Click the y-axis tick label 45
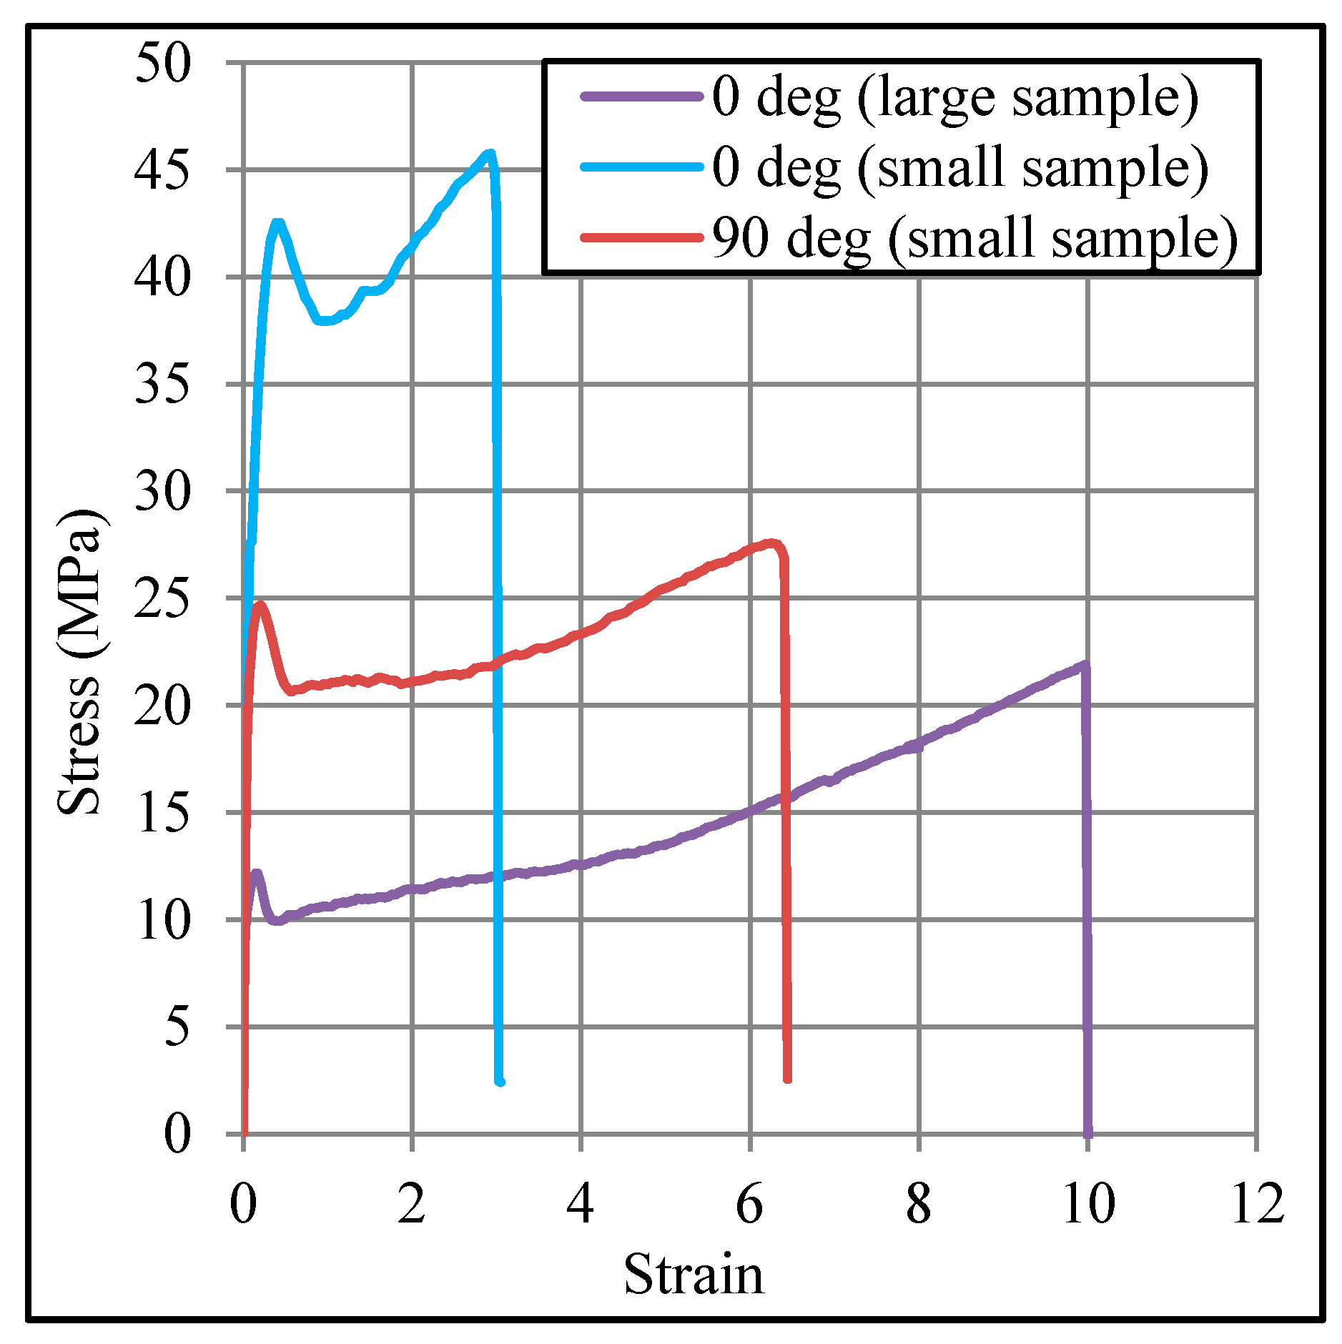pos(162,171)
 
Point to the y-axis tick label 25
pos(162,599)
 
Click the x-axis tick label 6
pos(749,1204)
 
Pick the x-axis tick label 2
pos(412,1204)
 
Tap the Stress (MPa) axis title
pos(80,663)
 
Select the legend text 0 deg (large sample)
pos(954,97)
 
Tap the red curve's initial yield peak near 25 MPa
pos(260,605)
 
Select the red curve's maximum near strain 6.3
pos(771,543)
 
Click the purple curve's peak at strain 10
pos(1085,666)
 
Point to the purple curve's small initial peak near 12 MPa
pos(256,874)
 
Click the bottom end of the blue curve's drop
pos(500,1082)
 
